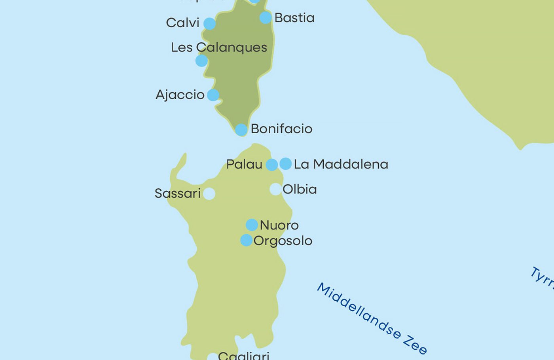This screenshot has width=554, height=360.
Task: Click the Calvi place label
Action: [182, 23]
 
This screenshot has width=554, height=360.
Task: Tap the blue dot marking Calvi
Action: [209, 24]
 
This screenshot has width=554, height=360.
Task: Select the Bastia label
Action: [294, 18]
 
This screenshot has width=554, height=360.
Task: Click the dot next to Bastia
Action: [266, 17]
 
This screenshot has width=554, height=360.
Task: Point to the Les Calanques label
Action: [219, 47]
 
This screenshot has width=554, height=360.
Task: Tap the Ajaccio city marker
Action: [213, 95]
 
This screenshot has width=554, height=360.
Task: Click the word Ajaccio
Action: [180, 95]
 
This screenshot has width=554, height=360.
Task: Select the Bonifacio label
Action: [281, 129]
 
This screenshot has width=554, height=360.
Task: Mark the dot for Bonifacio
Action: [241, 130]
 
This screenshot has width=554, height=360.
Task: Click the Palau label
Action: [244, 164]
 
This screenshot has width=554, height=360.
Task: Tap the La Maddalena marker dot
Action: [285, 163]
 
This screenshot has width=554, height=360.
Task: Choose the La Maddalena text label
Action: [341, 164]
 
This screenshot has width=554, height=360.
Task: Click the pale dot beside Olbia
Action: [275, 189]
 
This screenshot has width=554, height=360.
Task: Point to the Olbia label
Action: [300, 189]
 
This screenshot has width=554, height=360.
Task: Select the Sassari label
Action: [178, 193]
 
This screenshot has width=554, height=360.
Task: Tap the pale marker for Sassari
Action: [209, 193]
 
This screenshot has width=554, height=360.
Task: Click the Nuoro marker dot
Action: [252, 225]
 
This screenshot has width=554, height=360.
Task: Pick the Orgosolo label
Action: [283, 241]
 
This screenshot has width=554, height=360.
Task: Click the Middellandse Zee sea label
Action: [372, 318]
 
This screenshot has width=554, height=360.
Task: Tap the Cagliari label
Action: [243, 356]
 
